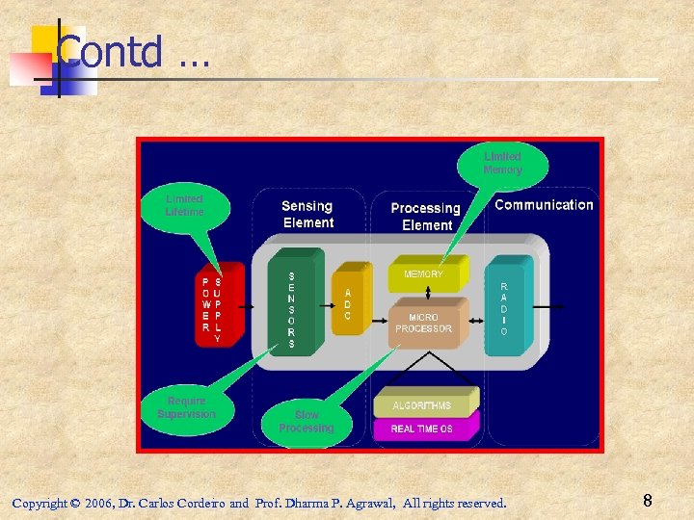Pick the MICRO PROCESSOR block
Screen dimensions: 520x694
click(424, 323)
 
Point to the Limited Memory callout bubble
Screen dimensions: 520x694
click(502, 163)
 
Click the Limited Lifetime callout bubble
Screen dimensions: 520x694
click(184, 205)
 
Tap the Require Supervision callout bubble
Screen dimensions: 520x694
click(186, 407)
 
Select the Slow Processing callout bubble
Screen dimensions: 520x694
click(307, 421)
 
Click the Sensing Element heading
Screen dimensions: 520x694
click(307, 214)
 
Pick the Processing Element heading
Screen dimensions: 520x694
click(426, 216)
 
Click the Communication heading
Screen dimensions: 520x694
click(544, 204)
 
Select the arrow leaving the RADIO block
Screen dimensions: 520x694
click(549, 306)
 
